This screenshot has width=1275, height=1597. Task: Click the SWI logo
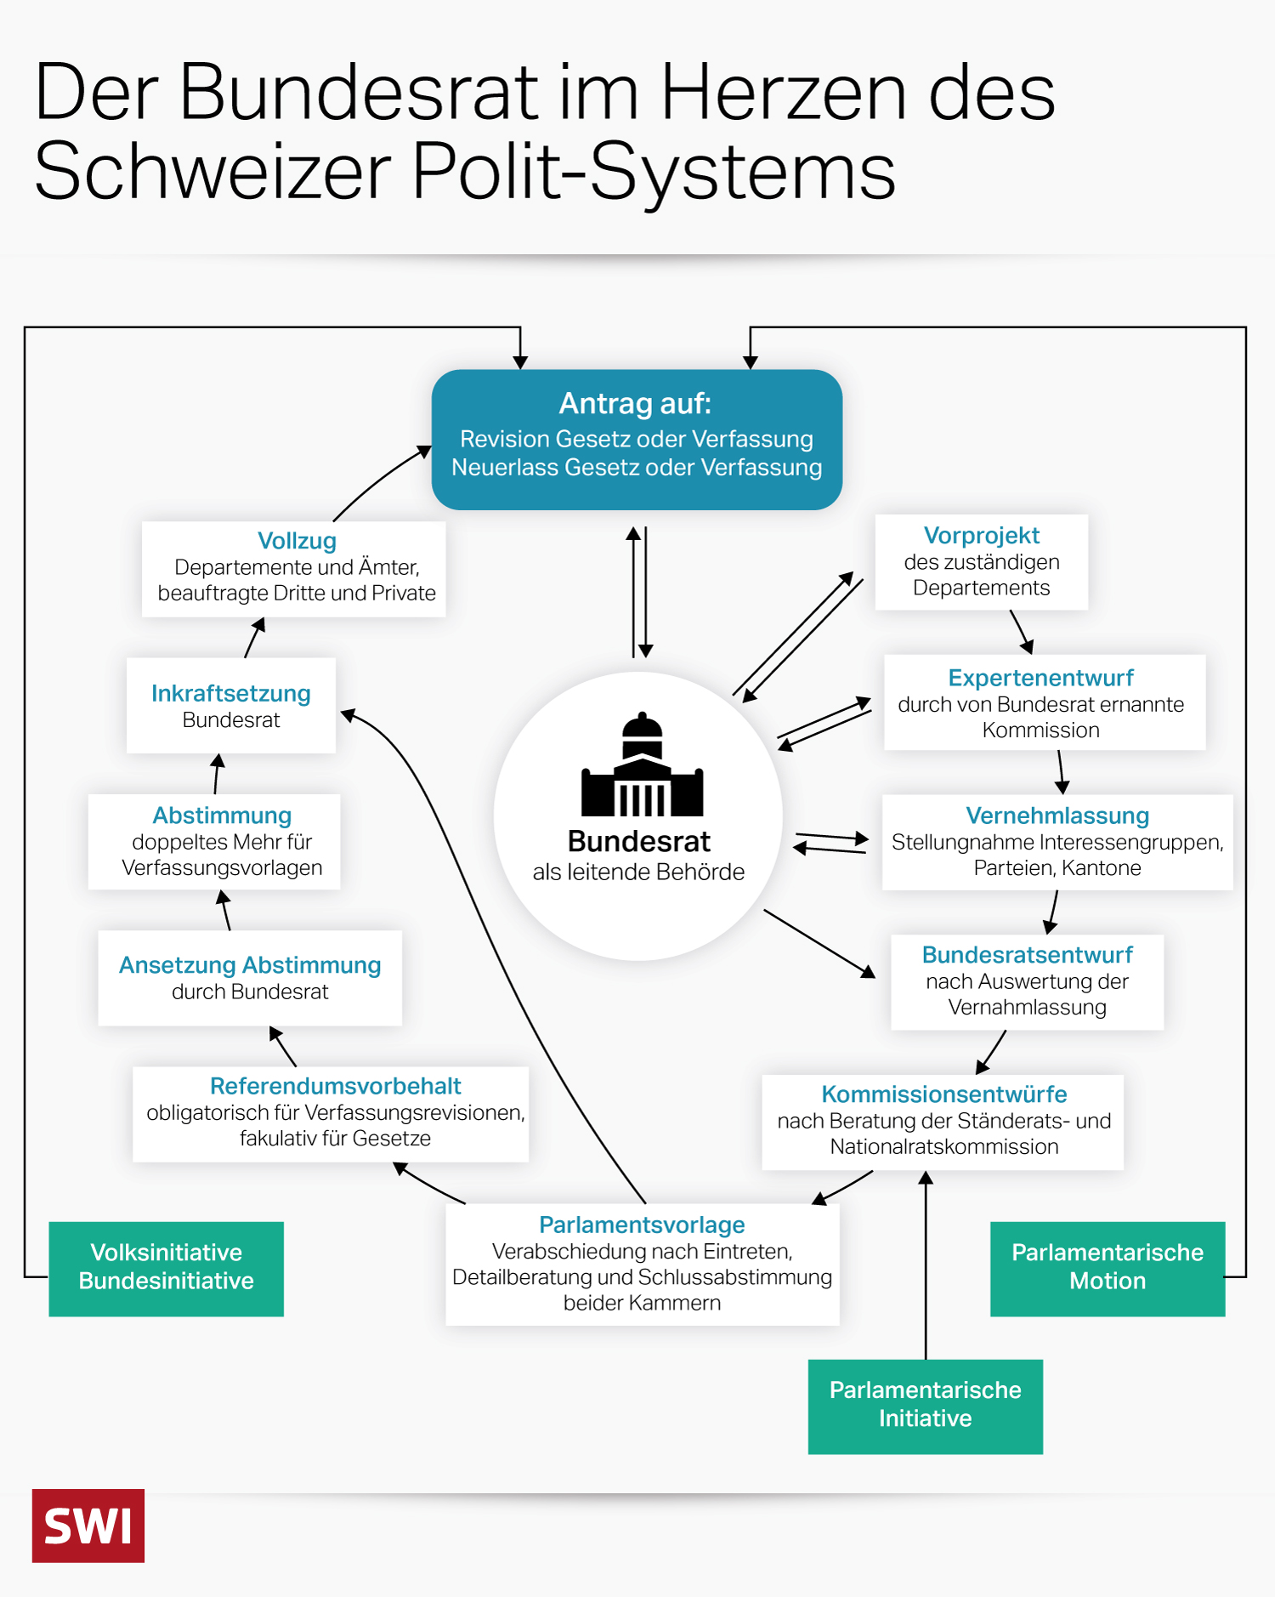[88, 1526]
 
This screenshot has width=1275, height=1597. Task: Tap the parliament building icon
[643, 765]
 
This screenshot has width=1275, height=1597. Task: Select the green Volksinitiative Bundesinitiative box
[166, 1268]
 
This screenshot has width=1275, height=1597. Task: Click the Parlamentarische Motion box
[1107, 1268]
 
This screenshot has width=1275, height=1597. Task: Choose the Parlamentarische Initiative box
[925, 1406]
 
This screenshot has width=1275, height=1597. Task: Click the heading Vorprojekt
[981, 536]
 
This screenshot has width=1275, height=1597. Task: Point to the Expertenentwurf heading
[1040, 678]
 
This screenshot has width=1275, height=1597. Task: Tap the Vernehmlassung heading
[1057, 816]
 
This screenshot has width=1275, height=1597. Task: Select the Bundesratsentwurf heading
[1027, 955]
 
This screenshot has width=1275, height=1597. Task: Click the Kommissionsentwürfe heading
[943, 1094]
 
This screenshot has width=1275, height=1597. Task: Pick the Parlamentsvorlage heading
[642, 1225]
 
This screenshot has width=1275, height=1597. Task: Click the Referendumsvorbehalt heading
[335, 1086]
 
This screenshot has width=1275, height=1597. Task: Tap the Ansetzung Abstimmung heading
[250, 965]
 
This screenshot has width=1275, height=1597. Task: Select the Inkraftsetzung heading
[231, 693]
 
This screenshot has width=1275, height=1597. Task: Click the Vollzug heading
[297, 541]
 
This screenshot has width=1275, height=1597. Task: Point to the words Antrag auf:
[635, 403]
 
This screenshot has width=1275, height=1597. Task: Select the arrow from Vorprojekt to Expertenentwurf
[1021, 632]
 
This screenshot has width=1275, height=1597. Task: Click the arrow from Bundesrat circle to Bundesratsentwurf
[819, 943]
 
